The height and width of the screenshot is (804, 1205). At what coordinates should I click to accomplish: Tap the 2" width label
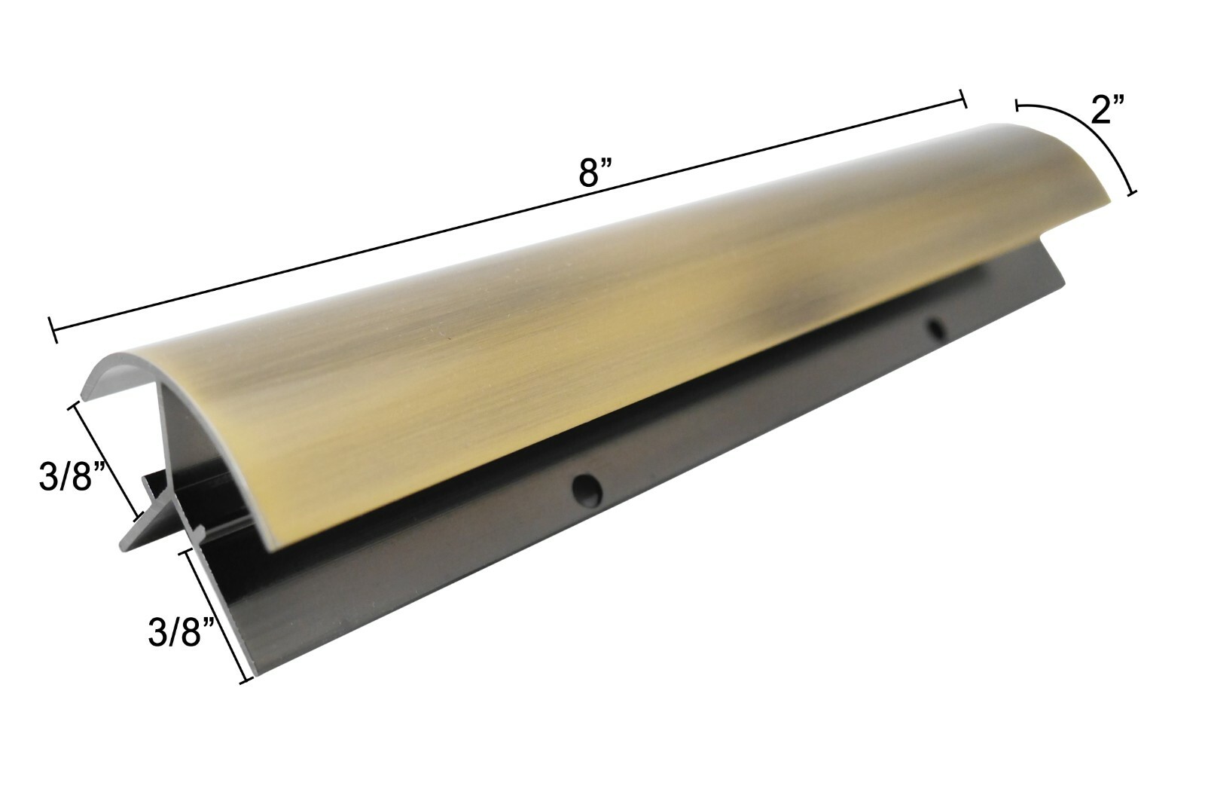tap(1108, 110)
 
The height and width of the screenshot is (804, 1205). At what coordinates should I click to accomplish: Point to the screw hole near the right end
tap(937, 329)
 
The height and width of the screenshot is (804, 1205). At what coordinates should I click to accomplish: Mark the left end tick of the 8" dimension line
tap(53, 329)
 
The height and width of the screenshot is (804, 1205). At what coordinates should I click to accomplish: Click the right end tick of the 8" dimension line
tap(963, 99)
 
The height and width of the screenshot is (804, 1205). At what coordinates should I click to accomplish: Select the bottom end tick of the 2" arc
tap(1131, 193)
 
